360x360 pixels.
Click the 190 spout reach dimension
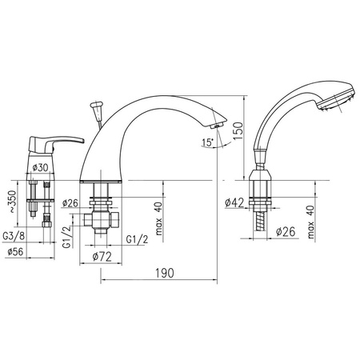[x=165, y=273]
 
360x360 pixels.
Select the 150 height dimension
[x=238, y=130]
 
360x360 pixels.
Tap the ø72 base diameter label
[x=102, y=257]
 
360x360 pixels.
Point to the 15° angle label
[x=208, y=142]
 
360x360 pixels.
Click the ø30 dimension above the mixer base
[x=40, y=167]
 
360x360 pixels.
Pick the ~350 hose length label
[x=12, y=202]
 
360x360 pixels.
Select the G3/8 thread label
[x=14, y=236]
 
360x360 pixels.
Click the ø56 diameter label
[x=15, y=251]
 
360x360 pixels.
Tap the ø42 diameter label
[x=234, y=202]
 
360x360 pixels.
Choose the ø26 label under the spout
[x=70, y=203]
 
